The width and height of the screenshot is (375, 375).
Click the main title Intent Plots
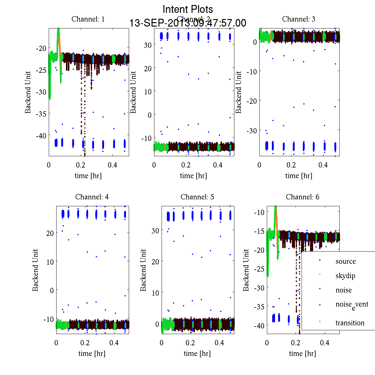tap(188, 9)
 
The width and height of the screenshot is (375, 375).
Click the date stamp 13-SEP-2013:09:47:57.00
tap(188, 23)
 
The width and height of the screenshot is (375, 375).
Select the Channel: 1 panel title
tap(88, 19)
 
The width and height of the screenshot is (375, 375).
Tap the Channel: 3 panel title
tap(298, 19)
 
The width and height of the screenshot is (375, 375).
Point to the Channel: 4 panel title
tap(92, 197)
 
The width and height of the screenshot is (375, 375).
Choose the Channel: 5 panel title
tap(197, 197)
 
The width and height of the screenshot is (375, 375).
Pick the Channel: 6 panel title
tap(302, 197)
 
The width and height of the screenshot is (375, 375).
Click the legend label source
tap(345, 261)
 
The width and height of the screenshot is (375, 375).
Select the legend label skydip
tap(345, 276)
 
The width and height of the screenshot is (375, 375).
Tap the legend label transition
tap(350, 323)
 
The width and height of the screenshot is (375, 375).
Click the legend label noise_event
tap(352, 305)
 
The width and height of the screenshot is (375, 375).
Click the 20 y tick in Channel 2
tap(147, 68)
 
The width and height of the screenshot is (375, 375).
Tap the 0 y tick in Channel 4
tap(52, 290)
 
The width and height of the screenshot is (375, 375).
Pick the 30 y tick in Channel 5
tap(155, 231)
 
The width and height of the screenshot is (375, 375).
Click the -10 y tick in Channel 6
tap(260, 212)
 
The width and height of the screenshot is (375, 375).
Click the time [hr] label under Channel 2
tap(193, 176)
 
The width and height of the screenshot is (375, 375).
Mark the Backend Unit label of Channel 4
tap(35, 270)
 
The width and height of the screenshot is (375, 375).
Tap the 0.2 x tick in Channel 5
tap(190, 343)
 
